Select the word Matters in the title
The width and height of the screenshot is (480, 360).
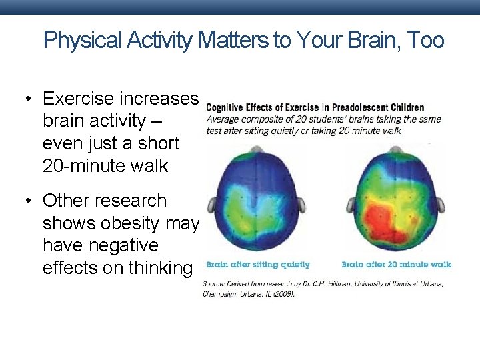tap(231, 41)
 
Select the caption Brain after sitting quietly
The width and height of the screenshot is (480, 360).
tap(257, 265)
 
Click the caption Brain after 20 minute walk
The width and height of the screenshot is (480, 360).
tap(396, 265)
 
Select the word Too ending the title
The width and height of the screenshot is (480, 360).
tap(427, 41)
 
